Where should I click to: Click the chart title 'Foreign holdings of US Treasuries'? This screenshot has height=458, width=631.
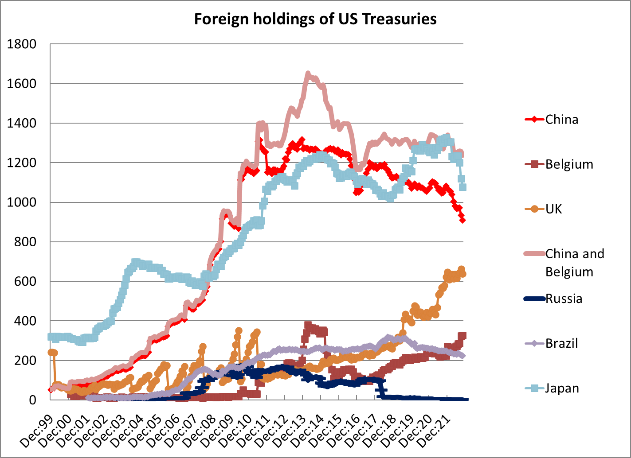(x=315, y=19)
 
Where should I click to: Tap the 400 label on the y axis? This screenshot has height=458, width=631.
(x=26, y=321)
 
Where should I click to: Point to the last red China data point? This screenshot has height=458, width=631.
(x=462, y=220)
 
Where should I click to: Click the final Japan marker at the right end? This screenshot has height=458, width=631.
(x=462, y=187)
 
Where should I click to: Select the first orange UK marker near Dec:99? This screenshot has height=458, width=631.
(x=51, y=352)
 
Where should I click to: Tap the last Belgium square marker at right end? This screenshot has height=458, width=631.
(x=462, y=336)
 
